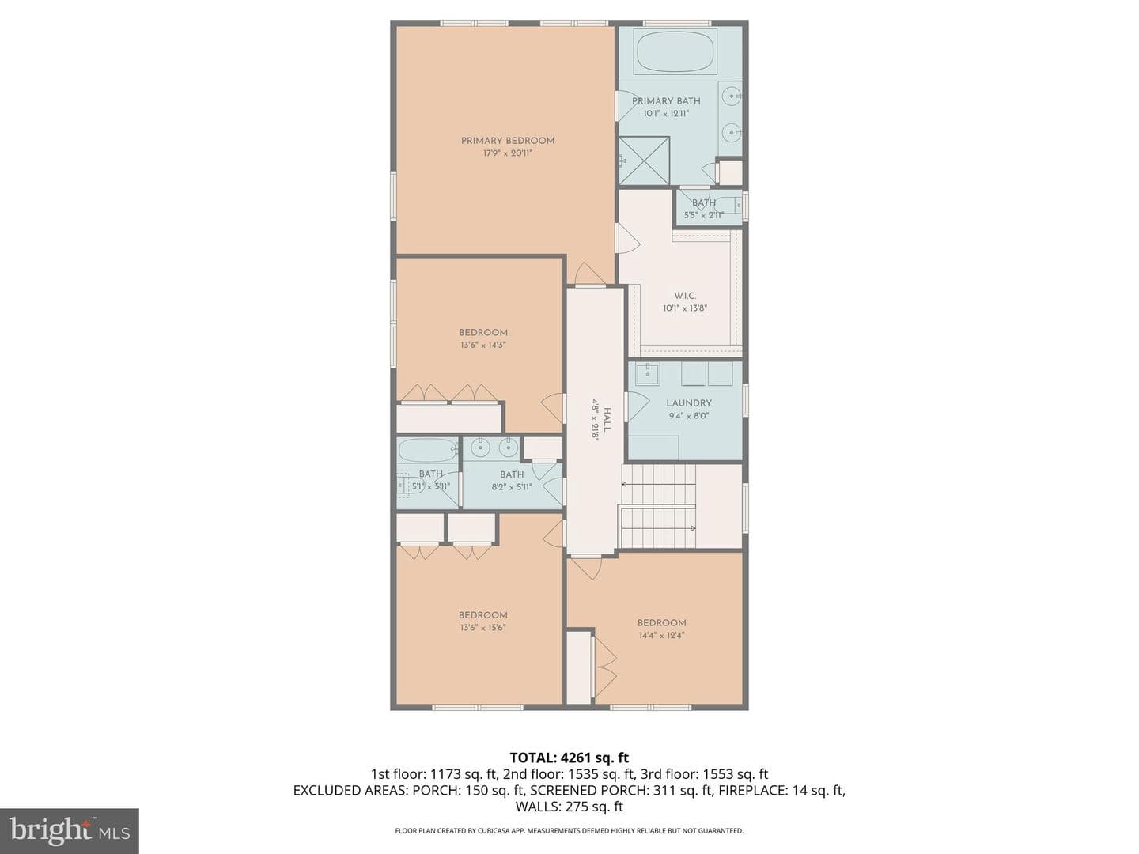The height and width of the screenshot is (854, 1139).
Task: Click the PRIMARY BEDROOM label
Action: [508, 141]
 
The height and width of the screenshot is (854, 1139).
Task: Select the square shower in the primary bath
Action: [644, 161]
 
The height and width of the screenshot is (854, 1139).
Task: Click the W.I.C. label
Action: [684, 296]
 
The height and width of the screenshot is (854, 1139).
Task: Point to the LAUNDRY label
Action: [689, 403]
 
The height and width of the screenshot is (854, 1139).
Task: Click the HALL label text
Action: [607, 420]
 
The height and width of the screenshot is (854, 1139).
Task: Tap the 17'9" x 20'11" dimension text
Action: [508, 153]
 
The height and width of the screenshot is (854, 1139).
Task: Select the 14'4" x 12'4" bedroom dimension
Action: [661, 635]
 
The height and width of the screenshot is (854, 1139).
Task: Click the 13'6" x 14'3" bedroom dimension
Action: [482, 345]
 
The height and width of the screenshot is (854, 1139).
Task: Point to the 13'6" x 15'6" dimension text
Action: [482, 627]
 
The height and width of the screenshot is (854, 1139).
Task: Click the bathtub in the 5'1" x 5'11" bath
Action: [428, 451]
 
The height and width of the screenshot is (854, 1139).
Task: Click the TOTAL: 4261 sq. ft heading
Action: [569, 758]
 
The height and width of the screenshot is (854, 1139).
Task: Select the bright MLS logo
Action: [70, 831]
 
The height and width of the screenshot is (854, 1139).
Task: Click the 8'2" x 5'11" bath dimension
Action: [512, 487]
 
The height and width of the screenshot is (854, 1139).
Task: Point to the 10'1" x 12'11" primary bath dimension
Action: [666, 114]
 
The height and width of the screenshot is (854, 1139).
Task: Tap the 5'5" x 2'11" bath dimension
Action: [704, 215]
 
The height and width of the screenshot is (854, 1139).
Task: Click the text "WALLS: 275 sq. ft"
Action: [569, 807]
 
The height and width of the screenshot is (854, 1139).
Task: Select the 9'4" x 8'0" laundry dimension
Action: [689, 415]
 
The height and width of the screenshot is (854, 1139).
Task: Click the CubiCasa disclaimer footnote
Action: [569, 830]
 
